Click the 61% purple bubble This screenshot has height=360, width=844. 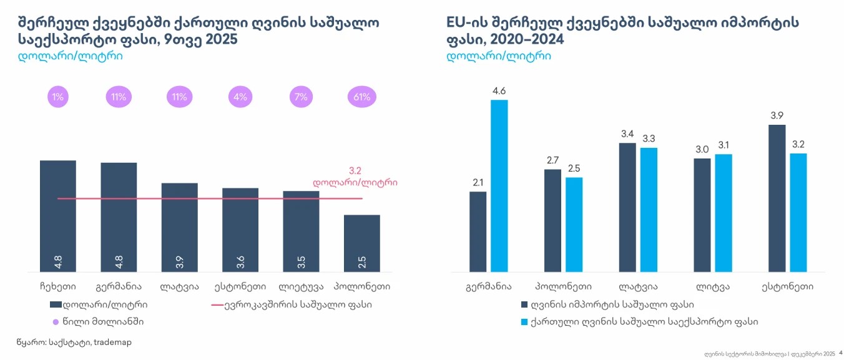pyautogui.click(x=361, y=97)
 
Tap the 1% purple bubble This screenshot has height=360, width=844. pyautogui.click(x=58, y=97)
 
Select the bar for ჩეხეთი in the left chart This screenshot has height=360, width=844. pyautogui.click(x=58, y=215)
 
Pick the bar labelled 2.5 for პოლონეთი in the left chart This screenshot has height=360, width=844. pyautogui.click(x=361, y=243)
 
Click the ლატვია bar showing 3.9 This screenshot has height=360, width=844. pyautogui.click(x=179, y=227)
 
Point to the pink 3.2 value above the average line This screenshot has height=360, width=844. pyautogui.click(x=355, y=170)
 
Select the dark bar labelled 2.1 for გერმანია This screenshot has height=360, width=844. pyautogui.click(x=478, y=231)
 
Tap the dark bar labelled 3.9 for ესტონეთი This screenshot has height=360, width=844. pyautogui.click(x=777, y=198)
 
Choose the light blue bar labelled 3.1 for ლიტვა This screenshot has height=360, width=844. pyautogui.click(x=724, y=213)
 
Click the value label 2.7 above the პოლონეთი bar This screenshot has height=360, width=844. pyautogui.click(x=552, y=160)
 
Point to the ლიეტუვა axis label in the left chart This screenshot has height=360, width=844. pyautogui.click(x=301, y=287)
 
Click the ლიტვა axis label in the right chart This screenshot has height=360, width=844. pyautogui.click(x=713, y=287)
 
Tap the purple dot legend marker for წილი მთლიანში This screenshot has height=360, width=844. pyautogui.click(x=56, y=322)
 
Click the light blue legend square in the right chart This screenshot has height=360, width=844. pyautogui.click(x=524, y=322)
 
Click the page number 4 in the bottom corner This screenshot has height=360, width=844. pyautogui.click(x=840, y=353)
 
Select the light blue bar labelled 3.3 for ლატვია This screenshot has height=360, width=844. pyautogui.click(x=649, y=210)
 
